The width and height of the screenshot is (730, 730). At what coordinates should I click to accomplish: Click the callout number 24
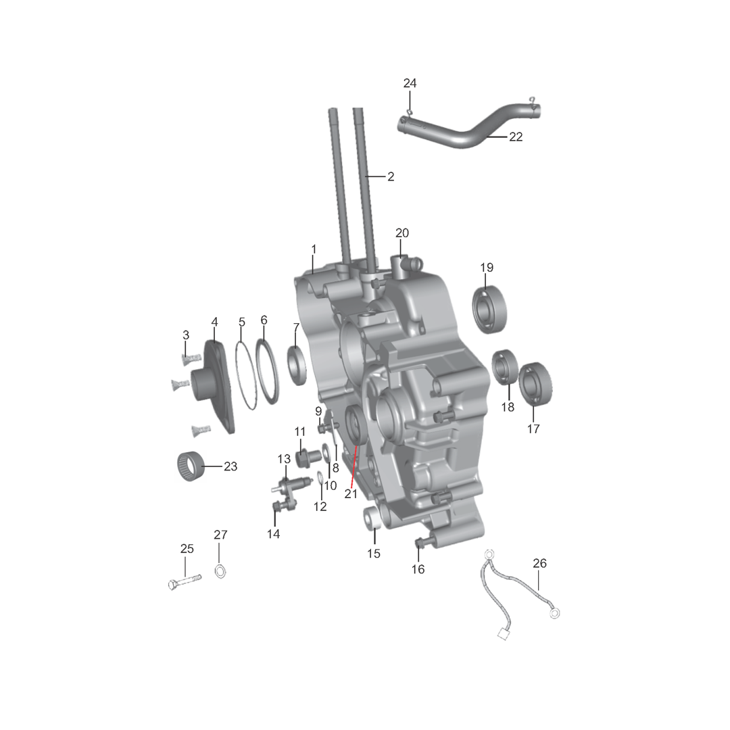click(410, 83)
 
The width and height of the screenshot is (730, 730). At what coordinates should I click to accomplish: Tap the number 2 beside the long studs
click(391, 177)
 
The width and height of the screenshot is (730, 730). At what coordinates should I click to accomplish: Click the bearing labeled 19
click(489, 310)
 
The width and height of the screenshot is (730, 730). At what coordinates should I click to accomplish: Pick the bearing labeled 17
click(535, 384)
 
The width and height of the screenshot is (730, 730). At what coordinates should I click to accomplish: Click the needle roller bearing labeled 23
click(191, 466)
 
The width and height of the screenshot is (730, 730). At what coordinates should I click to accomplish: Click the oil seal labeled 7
click(297, 366)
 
